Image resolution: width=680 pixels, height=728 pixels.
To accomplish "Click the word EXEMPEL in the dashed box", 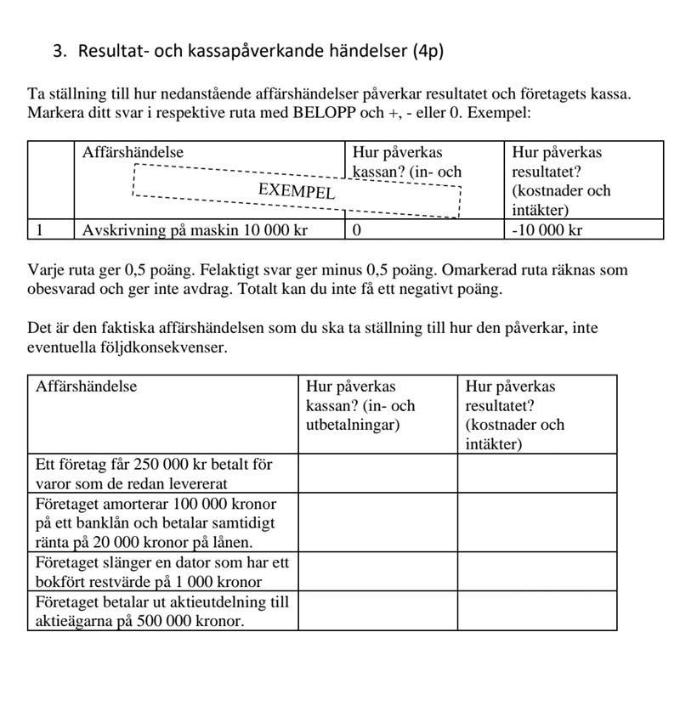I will [x=297, y=191].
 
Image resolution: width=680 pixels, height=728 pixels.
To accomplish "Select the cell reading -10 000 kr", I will [x=547, y=230].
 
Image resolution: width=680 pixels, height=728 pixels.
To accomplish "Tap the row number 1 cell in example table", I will [x=40, y=230].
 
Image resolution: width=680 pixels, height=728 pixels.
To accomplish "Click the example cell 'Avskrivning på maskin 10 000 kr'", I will [x=195, y=230].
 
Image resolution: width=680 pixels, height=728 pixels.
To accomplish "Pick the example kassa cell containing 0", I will [x=358, y=230].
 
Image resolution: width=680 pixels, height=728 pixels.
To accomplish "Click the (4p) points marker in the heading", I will [x=428, y=51].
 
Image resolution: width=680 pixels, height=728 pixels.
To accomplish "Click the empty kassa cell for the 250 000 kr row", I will [x=377, y=474].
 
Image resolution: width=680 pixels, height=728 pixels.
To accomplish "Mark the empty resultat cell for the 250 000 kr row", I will [x=537, y=474].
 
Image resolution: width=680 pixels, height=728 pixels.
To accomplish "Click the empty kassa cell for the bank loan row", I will [x=377, y=522].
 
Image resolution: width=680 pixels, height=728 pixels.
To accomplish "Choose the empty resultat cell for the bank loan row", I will [x=537, y=522].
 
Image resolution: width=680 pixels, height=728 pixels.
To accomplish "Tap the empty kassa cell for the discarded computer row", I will [x=377, y=572].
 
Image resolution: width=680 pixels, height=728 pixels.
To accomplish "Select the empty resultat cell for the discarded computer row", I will [x=537, y=572].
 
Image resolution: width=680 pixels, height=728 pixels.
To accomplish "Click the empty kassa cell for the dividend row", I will [x=377, y=611].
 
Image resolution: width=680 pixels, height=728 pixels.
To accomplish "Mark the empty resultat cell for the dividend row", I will [x=537, y=611].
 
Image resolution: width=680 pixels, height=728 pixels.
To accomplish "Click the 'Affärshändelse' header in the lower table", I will [x=86, y=387].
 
